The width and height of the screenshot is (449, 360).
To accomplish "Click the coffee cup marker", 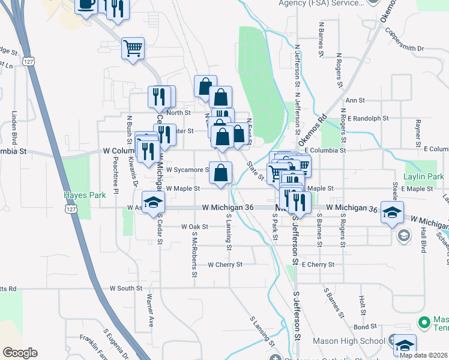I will click(x=86, y=5).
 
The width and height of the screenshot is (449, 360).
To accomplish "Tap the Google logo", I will click(x=20, y=353).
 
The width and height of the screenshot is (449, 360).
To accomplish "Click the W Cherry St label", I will click(x=224, y=264).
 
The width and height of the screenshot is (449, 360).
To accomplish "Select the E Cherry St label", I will click(x=318, y=264).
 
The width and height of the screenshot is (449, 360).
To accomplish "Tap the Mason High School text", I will click(x=354, y=341).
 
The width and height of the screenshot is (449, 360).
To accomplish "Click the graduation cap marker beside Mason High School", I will click(x=404, y=344).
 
